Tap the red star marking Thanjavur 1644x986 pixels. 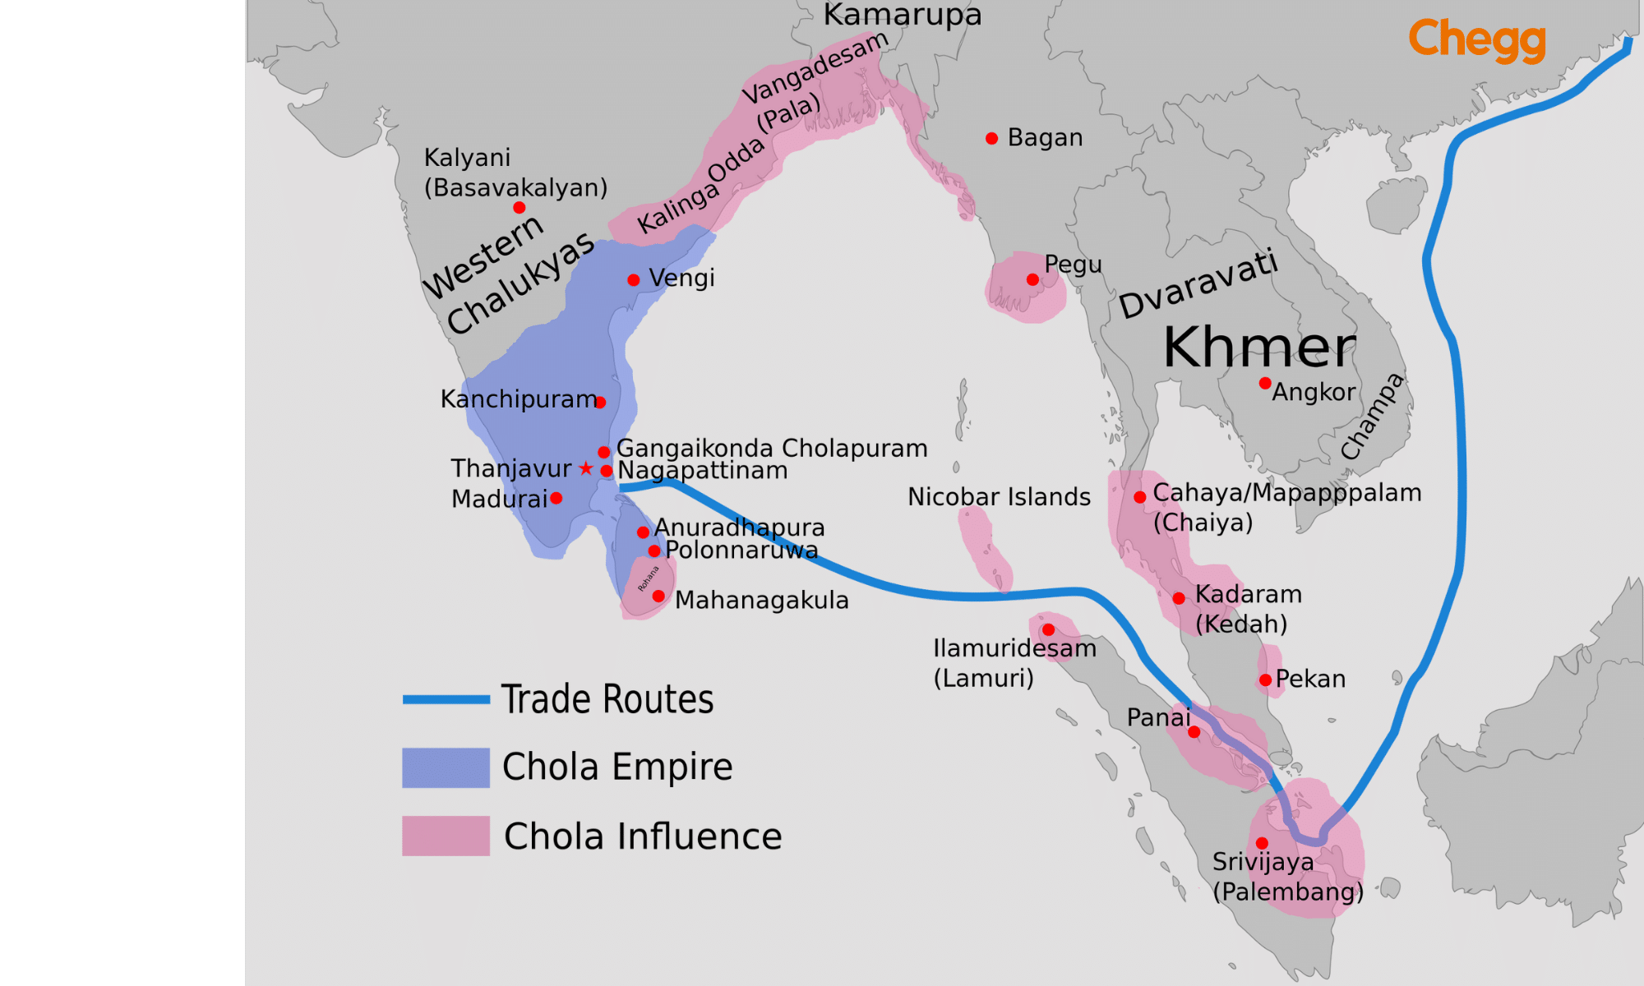[x=585, y=468]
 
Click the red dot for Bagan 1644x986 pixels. [x=992, y=138]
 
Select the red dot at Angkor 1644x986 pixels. [x=1265, y=383]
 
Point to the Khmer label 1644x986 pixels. [x=1259, y=348]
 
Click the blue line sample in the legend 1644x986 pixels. [x=446, y=699]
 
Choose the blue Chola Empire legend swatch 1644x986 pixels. [x=446, y=767]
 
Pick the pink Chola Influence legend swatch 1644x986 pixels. [x=446, y=836]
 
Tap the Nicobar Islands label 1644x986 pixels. [x=999, y=497]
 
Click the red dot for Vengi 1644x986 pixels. [x=633, y=280]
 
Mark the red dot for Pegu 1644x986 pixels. [x=1032, y=279]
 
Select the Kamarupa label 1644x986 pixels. [x=902, y=15]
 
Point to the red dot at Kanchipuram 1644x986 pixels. [x=600, y=402]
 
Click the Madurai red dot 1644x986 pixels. [x=556, y=498]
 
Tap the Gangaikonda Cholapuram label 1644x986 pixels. [x=772, y=449]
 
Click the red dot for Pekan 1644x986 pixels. [x=1265, y=680]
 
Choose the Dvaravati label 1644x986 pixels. [x=1198, y=284]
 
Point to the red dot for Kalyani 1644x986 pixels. [x=519, y=207]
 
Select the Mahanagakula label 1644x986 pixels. [x=761, y=601]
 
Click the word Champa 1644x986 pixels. [x=1372, y=416]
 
